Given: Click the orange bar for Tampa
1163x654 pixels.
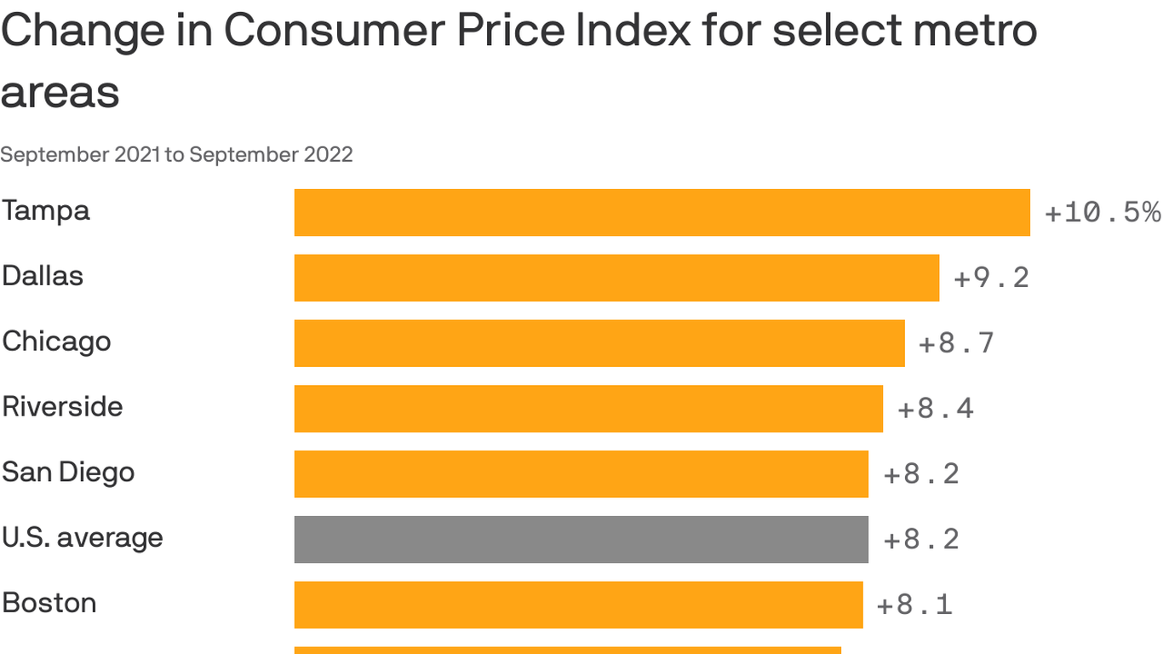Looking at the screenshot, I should point(662,212).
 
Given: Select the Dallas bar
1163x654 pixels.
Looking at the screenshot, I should point(616,278).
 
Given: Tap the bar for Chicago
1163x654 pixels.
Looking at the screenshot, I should point(599,343).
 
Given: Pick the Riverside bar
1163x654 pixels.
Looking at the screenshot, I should point(588,409).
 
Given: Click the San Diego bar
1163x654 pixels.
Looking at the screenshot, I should point(581,473).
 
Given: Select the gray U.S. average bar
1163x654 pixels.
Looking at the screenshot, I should point(581,539).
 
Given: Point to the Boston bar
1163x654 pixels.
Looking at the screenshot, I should point(578,605).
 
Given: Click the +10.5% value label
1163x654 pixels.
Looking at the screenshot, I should point(1102,212).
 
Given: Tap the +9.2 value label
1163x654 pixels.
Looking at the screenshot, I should point(991,278).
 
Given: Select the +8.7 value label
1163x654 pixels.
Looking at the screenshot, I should point(956,343).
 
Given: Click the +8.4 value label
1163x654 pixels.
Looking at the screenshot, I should point(935,409).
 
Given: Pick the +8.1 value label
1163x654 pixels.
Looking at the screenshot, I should point(914,605).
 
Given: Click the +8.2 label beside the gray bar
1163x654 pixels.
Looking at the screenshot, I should point(920,539).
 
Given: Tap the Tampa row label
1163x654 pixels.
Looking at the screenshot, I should point(46,210).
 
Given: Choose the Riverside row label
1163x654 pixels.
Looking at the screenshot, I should point(62,406).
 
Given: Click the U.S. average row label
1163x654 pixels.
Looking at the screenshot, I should point(82,537).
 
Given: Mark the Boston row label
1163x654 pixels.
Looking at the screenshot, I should point(49,603).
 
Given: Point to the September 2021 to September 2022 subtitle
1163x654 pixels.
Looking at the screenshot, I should point(176,155).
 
